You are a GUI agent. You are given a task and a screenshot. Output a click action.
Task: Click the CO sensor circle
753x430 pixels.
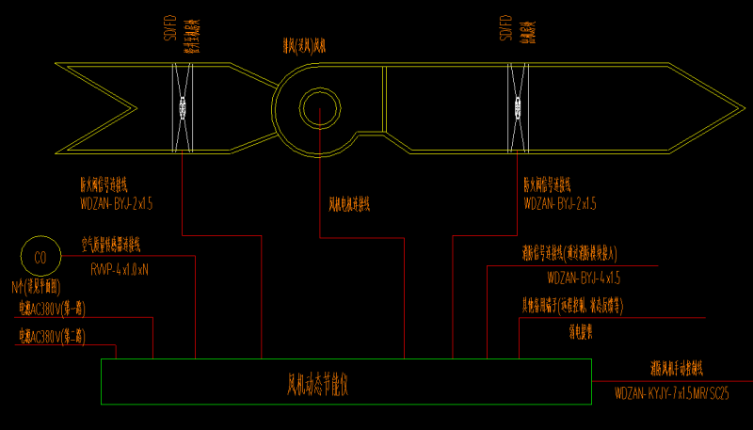(x=40, y=256)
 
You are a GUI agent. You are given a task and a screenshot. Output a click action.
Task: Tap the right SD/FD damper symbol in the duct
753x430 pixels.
(x=516, y=107)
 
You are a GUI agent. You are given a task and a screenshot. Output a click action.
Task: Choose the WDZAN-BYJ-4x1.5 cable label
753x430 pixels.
(x=584, y=279)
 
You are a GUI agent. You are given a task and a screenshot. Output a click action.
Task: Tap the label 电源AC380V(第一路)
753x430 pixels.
(x=51, y=308)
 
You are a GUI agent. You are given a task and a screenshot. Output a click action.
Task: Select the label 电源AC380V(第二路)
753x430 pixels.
(x=51, y=335)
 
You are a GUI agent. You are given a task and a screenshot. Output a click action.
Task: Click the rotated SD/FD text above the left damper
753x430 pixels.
(x=168, y=32)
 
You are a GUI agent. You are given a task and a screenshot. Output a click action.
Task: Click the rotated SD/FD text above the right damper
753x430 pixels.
(x=505, y=29)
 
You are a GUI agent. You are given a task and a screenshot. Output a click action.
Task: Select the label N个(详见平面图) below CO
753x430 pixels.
(x=37, y=285)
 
